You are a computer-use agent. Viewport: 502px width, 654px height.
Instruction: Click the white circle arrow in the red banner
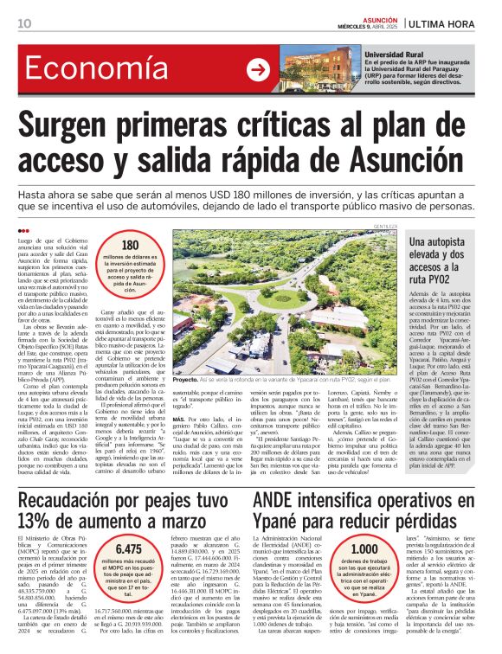tap(258, 70)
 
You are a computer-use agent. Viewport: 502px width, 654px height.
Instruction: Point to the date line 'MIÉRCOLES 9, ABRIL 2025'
tap(366, 27)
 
